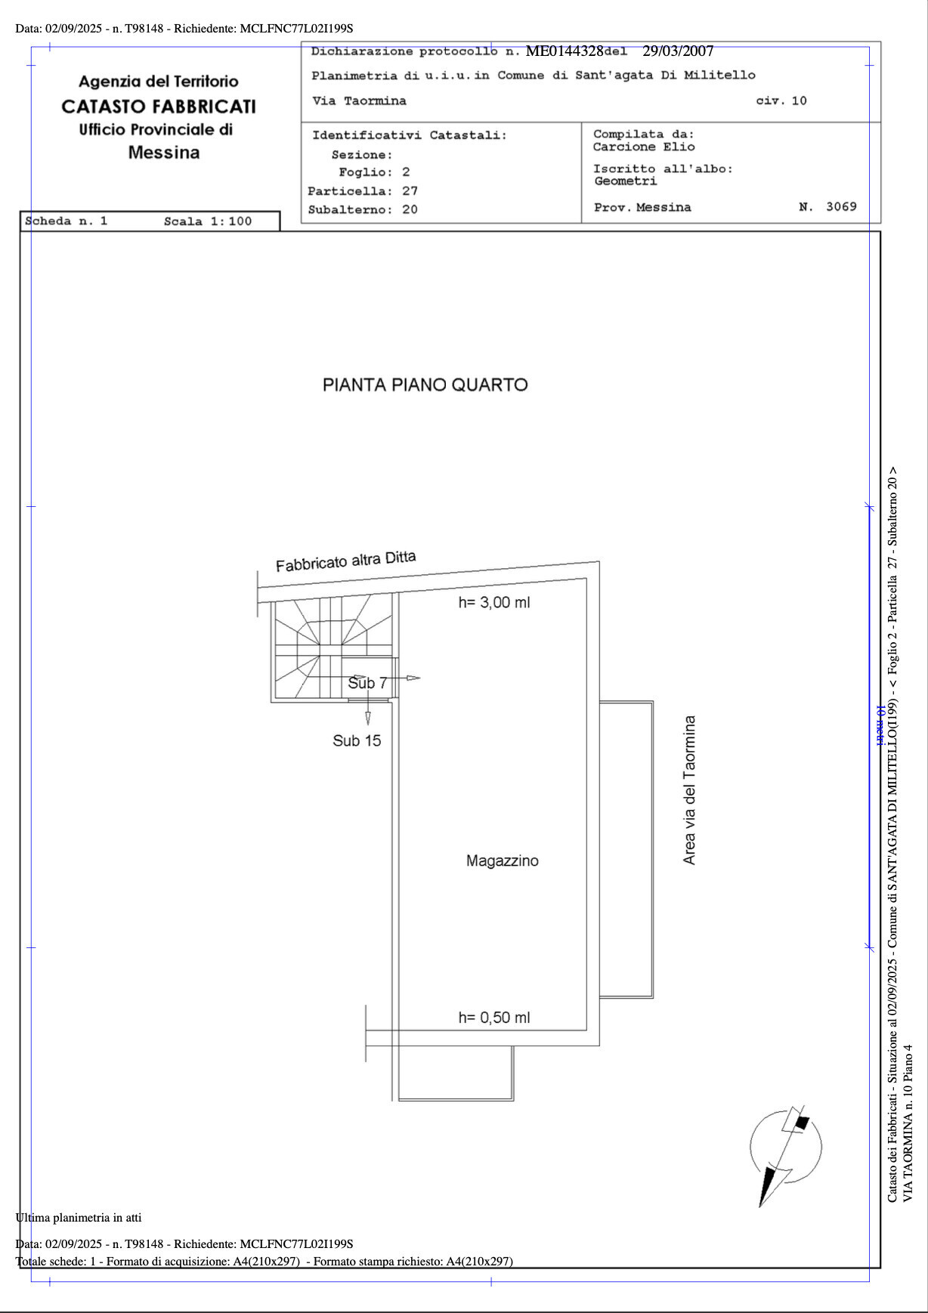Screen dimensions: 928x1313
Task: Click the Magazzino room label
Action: click(503, 860)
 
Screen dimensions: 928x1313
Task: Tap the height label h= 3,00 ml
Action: click(494, 602)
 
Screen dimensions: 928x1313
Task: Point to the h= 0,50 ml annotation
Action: click(494, 1018)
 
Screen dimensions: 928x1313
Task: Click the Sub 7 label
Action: click(367, 683)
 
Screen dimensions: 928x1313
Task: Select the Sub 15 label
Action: click(357, 740)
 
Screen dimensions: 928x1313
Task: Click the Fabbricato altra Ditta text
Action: click(346, 561)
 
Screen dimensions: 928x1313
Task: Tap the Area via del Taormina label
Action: click(689, 790)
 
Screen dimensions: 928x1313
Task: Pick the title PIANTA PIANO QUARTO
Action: click(425, 385)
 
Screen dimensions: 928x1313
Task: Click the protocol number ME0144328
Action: click(565, 51)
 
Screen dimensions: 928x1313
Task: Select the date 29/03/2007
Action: click(678, 51)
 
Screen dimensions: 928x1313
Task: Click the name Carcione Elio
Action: click(644, 147)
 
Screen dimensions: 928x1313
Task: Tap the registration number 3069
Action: click(841, 206)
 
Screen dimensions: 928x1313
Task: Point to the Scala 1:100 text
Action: click(208, 221)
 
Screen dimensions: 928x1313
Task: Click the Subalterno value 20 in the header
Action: click(410, 209)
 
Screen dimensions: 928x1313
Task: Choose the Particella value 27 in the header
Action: click(410, 191)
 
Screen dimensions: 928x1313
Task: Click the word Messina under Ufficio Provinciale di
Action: click(164, 153)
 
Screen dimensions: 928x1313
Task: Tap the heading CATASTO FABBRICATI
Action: click(159, 107)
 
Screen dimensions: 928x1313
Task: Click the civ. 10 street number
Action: click(781, 100)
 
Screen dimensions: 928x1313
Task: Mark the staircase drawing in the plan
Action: click(333, 648)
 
